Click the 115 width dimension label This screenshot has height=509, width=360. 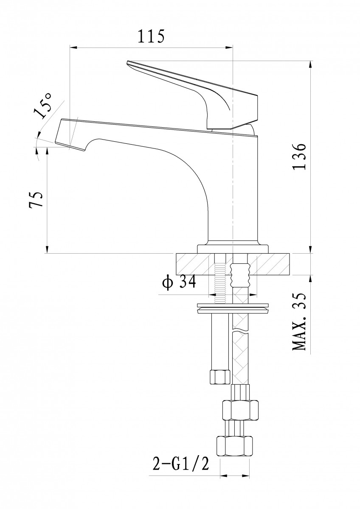pos(151,36)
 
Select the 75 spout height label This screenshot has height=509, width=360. pos(36,199)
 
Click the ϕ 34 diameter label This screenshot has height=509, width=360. pos(179,282)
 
